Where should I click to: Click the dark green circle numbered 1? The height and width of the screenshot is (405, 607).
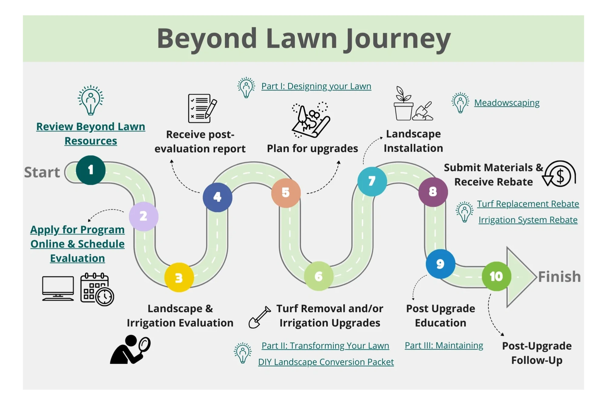[x=90, y=170]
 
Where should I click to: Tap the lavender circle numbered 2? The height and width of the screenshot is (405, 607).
[x=144, y=216]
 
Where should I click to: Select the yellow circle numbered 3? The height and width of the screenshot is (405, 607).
[x=179, y=277]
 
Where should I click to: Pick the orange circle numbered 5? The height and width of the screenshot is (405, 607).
[x=286, y=193]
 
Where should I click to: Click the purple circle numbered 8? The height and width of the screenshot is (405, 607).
[x=433, y=192]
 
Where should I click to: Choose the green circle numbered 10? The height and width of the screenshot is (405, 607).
[x=496, y=276]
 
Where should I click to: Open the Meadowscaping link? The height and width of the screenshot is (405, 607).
[x=507, y=103]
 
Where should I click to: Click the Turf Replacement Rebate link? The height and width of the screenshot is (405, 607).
[x=528, y=204]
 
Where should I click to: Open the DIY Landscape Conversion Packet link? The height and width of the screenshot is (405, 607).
[x=326, y=362]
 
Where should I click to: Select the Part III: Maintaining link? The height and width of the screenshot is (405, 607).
[x=444, y=345]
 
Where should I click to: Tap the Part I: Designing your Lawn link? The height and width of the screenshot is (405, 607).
[x=316, y=86]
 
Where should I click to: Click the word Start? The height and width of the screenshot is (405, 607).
[x=42, y=172]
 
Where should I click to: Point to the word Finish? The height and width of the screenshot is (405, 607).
[x=559, y=276]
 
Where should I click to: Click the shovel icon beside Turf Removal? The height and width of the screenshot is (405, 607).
[x=259, y=317]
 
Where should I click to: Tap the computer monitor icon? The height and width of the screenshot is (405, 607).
[x=58, y=288]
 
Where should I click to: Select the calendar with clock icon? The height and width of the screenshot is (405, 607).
[x=97, y=289]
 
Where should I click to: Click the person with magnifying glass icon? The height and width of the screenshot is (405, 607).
[x=131, y=349]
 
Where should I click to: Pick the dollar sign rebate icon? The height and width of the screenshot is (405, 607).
[x=559, y=174]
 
